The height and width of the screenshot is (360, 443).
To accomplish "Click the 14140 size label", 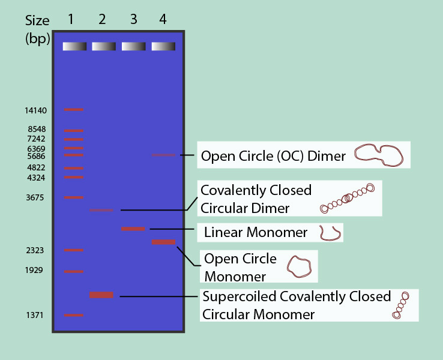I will pyautogui.click(x=35, y=110).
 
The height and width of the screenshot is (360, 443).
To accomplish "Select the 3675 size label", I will pyautogui.click(x=35, y=197).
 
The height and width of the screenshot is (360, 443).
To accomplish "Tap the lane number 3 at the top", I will pyautogui.click(x=133, y=19).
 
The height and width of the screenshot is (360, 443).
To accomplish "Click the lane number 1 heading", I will pyautogui.click(x=71, y=19).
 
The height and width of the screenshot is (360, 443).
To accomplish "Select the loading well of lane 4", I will pyautogui.click(x=163, y=46).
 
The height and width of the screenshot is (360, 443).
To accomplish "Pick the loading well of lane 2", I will pyautogui.click(x=104, y=46).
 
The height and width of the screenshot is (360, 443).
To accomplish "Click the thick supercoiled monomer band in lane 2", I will pyautogui.click(x=101, y=295).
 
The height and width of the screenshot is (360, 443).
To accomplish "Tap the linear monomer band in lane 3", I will pyautogui.click(x=133, y=229).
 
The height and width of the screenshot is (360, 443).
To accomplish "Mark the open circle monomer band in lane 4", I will pyautogui.click(x=163, y=242).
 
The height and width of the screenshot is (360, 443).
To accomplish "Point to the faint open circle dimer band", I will pyautogui.click(x=163, y=155).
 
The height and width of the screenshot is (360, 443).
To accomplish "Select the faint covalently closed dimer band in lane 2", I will pyautogui.click(x=101, y=210).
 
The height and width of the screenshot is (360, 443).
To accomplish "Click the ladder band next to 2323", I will pyautogui.click(x=74, y=250).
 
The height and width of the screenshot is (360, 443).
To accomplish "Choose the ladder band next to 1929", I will pyautogui.click(x=74, y=271).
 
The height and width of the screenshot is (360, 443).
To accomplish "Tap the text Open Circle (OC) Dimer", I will pyautogui.click(x=273, y=157).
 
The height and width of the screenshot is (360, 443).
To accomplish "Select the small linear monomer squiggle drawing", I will pyautogui.click(x=330, y=233).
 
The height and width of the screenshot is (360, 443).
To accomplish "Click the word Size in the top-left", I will pyautogui.click(x=37, y=21).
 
